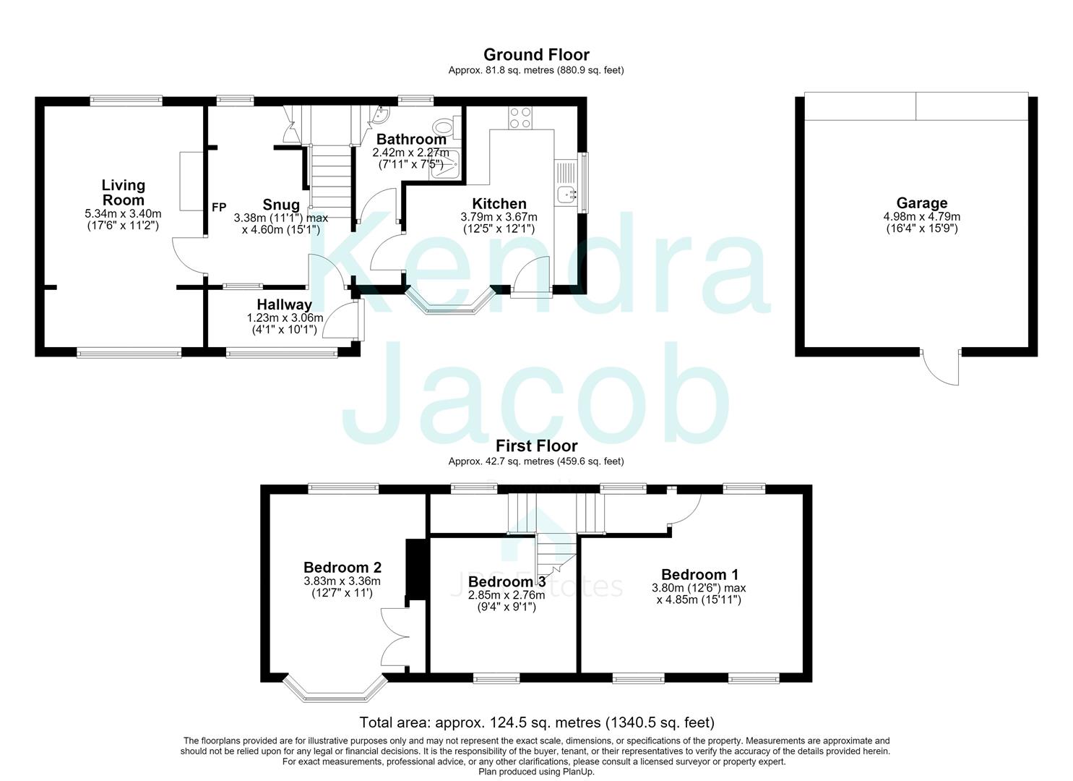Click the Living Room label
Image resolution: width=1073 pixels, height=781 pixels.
[x=123, y=193]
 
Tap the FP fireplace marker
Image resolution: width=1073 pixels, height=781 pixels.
[x=219, y=208]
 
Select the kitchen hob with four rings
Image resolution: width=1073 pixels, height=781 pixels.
[x=520, y=117]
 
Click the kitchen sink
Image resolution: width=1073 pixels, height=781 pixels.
[x=569, y=195]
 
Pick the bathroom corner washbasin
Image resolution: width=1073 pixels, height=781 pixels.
[x=384, y=113]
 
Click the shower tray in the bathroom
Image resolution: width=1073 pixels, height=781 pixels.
[x=447, y=165]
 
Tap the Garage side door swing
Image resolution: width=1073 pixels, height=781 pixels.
[x=940, y=369]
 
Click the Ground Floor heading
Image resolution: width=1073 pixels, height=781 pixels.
[x=536, y=55]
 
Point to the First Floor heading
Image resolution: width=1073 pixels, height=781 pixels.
[x=536, y=446]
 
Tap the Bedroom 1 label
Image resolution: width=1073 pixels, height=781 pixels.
[x=699, y=574]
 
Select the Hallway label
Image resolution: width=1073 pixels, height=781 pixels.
[x=284, y=304]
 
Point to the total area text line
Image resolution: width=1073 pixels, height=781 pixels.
[x=536, y=722]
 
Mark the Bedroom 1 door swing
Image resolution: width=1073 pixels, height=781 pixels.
[x=685, y=510]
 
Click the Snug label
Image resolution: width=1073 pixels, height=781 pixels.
[x=281, y=205]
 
